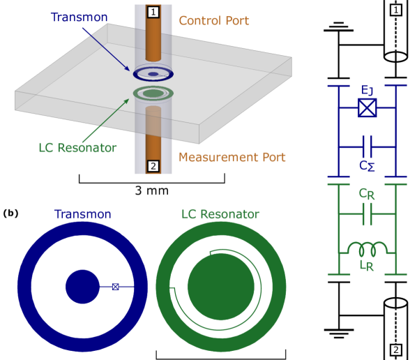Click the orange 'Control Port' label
[214, 20]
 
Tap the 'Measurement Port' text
[232, 157]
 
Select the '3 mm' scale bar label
[152, 190]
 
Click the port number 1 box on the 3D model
[153, 12]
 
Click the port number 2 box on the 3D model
[153, 166]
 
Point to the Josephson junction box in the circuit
[367, 107]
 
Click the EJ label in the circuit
[367, 90]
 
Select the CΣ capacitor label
[367, 166]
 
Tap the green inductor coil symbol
[367, 249]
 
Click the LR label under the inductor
[367, 265]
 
